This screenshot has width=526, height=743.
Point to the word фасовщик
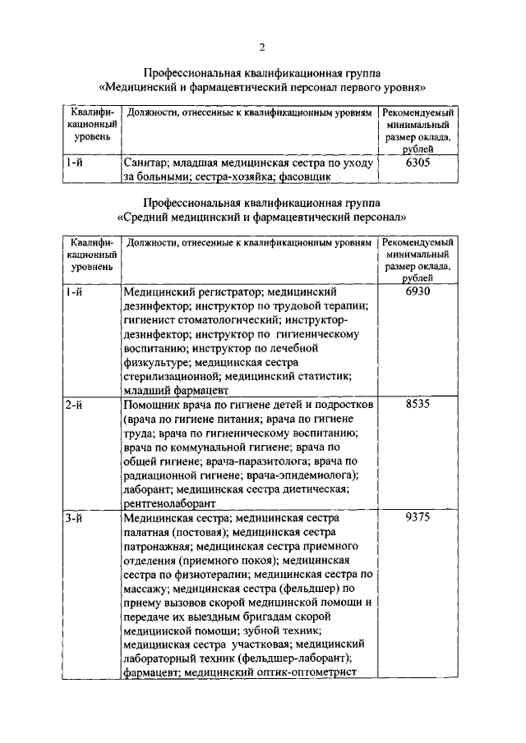306,176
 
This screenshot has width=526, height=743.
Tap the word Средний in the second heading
149,218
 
